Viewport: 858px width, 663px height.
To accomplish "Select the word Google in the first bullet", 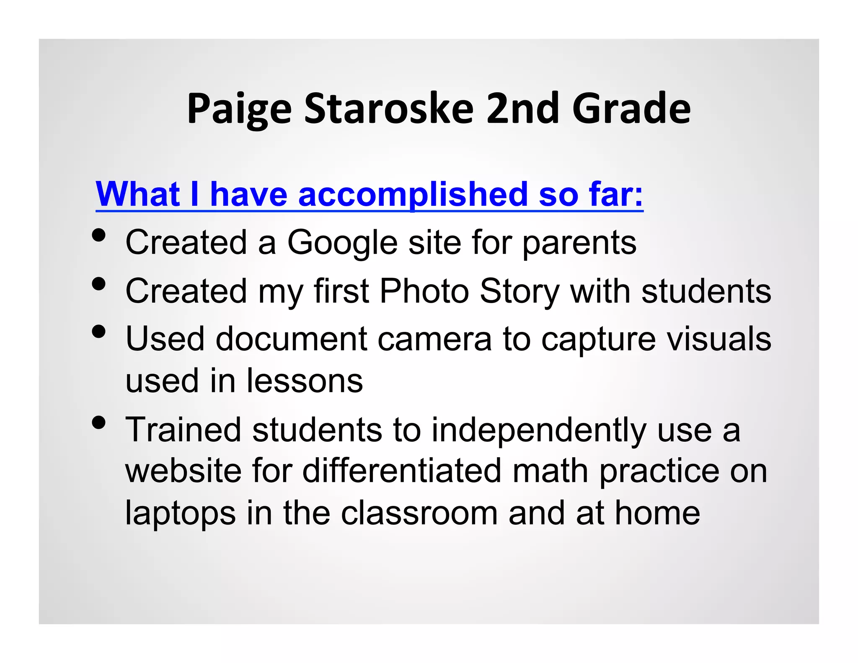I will coord(342,243).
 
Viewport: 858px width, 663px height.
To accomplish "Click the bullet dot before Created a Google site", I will coord(98,236).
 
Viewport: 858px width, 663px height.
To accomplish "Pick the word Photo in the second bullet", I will coord(424,291).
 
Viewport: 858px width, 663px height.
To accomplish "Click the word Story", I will coord(519,291).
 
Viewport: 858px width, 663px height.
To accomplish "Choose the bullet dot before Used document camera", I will coord(98,331).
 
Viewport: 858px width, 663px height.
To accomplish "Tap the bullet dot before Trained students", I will coord(98,422).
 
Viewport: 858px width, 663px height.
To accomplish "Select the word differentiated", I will coord(402,471).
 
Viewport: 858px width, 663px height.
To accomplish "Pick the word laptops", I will coord(180,514).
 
